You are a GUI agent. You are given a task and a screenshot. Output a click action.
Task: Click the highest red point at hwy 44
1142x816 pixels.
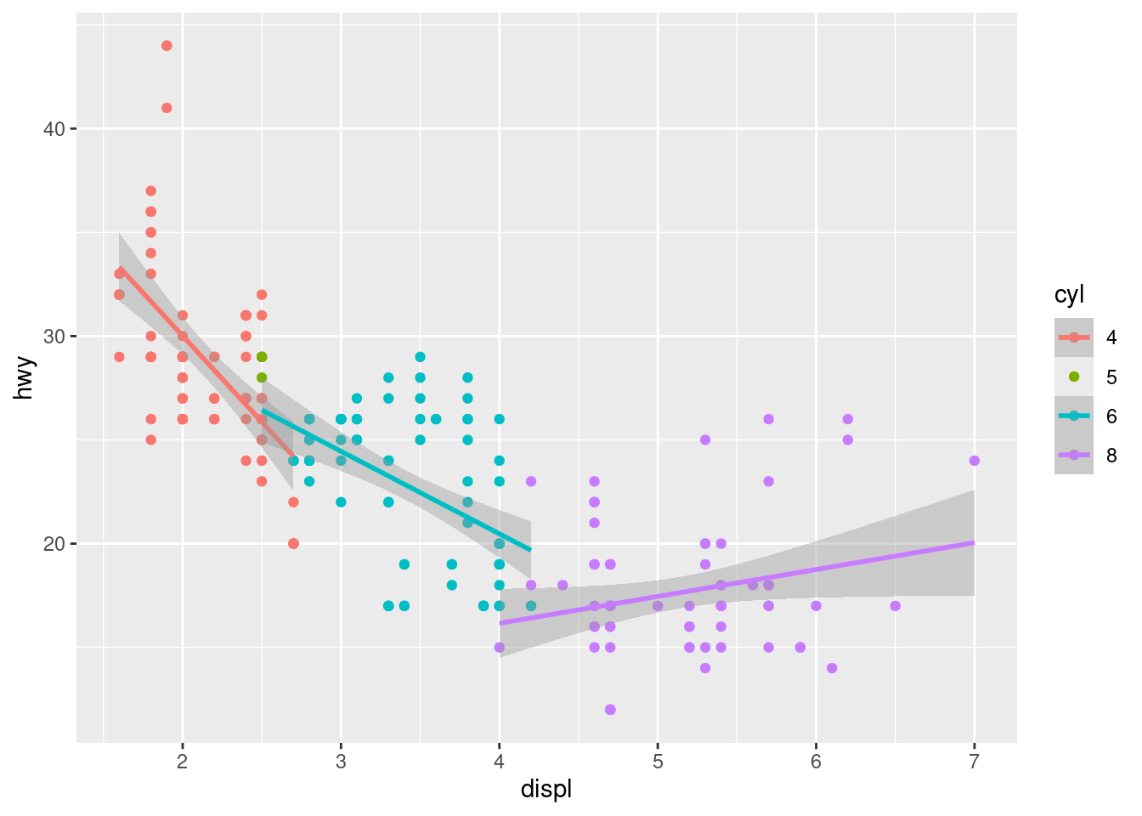point(167,46)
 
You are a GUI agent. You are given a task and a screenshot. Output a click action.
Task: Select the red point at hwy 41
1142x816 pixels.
point(167,108)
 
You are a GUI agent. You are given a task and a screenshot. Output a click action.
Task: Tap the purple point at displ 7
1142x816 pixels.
point(974,461)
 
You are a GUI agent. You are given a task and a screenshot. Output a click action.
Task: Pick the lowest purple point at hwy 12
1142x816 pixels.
point(610,710)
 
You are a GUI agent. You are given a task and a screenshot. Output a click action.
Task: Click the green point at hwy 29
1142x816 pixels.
point(262,357)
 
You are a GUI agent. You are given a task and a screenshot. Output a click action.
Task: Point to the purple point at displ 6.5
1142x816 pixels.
point(895,606)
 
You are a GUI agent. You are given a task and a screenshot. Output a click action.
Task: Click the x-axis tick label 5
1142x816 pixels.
point(658,762)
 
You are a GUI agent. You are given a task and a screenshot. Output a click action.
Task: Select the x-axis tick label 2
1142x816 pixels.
point(183,762)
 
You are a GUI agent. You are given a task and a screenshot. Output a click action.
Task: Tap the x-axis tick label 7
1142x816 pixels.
point(974,762)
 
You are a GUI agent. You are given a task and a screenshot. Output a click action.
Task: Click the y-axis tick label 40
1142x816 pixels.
point(54,129)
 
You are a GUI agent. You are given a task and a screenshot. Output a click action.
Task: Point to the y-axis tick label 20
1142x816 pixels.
point(54,544)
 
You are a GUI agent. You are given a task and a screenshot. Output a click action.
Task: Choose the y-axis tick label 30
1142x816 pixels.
point(54,337)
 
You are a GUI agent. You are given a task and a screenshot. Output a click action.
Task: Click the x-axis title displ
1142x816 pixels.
point(546,790)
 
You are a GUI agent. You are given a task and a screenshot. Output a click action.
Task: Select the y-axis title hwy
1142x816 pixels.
point(25,377)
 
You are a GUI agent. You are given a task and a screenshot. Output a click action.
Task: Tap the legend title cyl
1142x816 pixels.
point(1069,295)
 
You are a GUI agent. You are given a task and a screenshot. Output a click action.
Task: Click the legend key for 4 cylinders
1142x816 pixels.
point(1074,337)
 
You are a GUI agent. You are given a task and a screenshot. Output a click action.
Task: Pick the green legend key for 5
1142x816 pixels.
point(1074,377)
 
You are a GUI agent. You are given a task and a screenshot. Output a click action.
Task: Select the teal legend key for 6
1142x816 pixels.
point(1074,416)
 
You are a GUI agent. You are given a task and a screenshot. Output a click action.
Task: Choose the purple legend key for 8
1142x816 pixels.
point(1074,455)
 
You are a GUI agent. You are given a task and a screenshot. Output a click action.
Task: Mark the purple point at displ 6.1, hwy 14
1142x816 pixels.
point(832,668)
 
